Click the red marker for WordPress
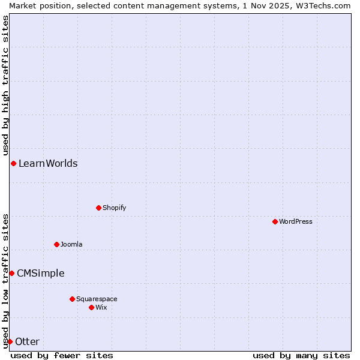(x=275, y=221)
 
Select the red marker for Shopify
(x=98, y=208)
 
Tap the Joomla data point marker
(x=56, y=244)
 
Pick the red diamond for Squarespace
(x=72, y=299)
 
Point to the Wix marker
(x=91, y=307)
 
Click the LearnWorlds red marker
(x=13, y=163)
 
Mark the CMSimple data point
(x=11, y=273)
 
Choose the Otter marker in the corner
(x=10, y=341)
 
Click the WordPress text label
(x=296, y=221)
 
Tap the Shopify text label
(x=114, y=208)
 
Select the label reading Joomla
(x=71, y=244)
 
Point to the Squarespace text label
(x=97, y=299)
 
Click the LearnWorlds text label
(x=48, y=163)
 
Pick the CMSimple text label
(x=40, y=273)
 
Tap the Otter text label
(x=27, y=341)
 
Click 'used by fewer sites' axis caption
(x=62, y=355)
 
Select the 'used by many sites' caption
(x=301, y=355)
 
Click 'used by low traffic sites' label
(x=5, y=281)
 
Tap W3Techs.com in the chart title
(x=322, y=5)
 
